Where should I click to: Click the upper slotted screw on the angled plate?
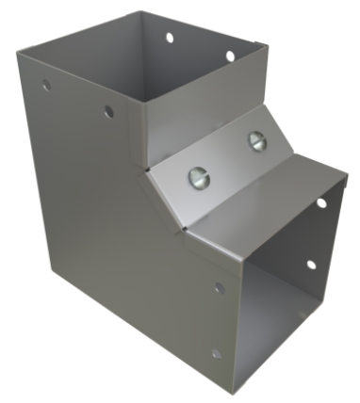click(x=256, y=140)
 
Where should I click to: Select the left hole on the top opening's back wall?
click(x=170, y=39)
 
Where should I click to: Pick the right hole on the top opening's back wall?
click(x=229, y=56)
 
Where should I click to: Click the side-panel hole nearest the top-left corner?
click(x=45, y=85)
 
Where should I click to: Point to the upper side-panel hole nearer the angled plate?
click(x=108, y=112)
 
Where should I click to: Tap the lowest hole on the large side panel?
click(x=216, y=354)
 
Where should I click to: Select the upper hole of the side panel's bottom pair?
click(x=219, y=288)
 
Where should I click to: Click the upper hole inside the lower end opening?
click(x=320, y=202)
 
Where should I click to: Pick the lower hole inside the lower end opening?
click(x=310, y=266)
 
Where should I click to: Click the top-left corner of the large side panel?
click(x=19, y=54)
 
